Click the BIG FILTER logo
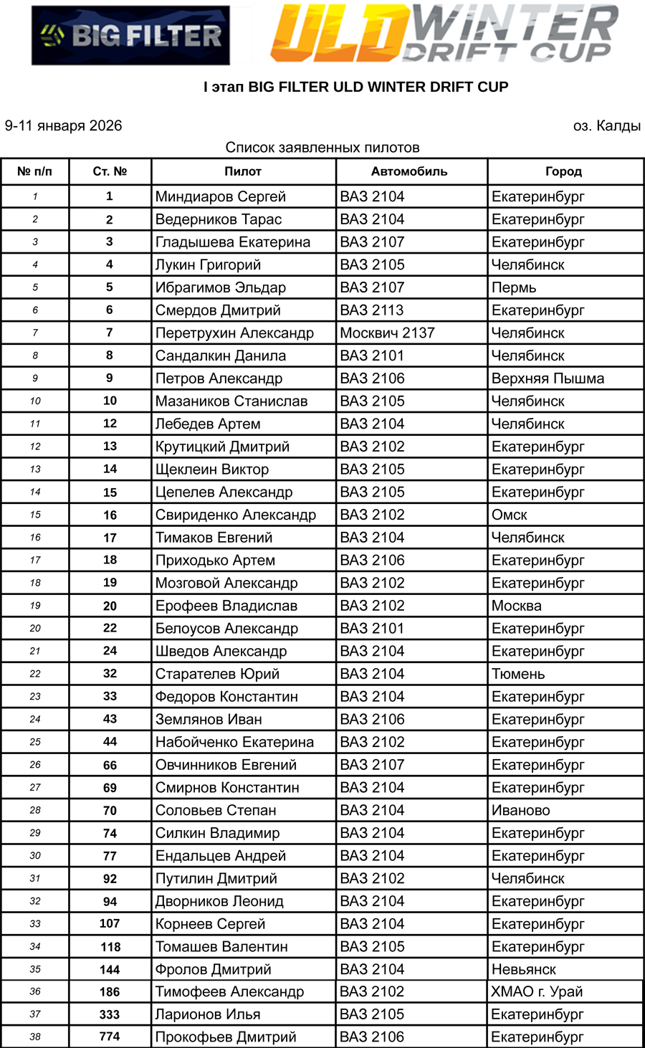click(130, 36)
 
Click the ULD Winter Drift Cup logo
click(444, 33)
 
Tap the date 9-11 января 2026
click(64, 126)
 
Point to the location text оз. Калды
click(606, 126)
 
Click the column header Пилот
click(243, 171)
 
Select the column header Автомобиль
click(409, 171)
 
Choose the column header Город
click(563, 171)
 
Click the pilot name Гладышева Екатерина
click(233, 242)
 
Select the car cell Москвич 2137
click(387, 333)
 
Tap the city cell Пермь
click(514, 287)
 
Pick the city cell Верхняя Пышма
click(548, 378)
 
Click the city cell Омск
click(510, 515)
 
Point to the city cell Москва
click(517, 606)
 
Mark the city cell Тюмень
click(518, 674)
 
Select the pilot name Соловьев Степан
click(216, 811)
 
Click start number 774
click(110, 1037)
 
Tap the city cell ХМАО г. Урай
click(537, 992)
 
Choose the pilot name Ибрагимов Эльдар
click(221, 287)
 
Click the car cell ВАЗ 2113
click(372, 310)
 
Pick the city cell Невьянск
click(524, 969)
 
